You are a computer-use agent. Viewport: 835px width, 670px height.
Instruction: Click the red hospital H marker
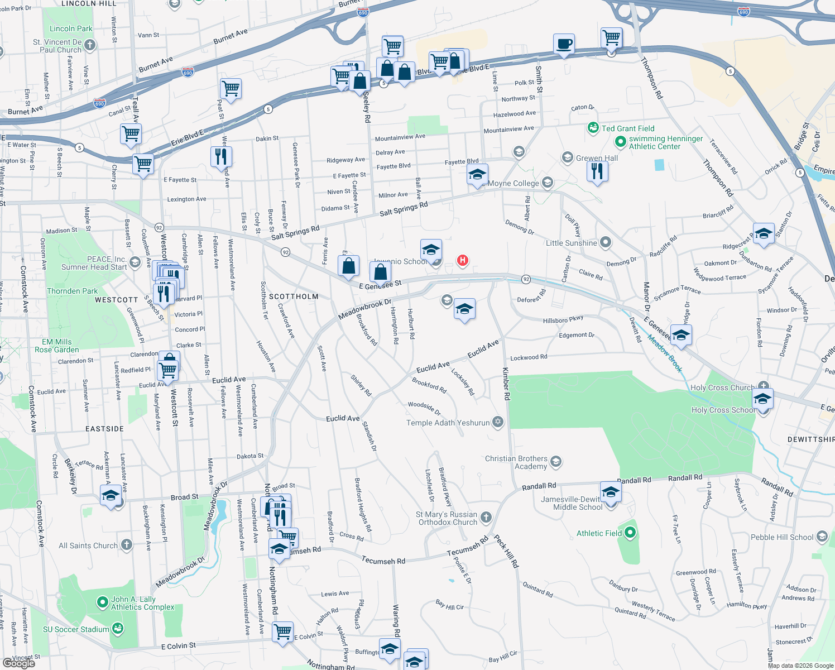pos(462,260)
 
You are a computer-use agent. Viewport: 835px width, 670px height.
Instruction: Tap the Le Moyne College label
pos(514,183)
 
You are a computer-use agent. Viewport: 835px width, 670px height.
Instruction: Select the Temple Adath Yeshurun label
pos(448,423)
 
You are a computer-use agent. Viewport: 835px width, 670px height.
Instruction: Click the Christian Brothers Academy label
pos(516,462)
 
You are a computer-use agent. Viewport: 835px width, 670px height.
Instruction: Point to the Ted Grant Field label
pos(628,128)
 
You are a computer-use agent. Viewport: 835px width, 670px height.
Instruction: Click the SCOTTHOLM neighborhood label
pos(294,296)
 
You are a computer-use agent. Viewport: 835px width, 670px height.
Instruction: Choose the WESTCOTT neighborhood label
pos(116,300)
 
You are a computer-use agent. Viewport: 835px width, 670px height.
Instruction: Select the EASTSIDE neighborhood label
pos(104,429)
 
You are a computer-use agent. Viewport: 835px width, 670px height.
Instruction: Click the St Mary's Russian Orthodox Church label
pos(447,518)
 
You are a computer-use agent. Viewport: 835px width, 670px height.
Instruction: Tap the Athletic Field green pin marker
pos(630,533)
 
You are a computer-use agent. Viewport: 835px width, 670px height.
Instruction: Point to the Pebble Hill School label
pos(782,537)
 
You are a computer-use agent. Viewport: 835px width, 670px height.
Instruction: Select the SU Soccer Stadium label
pos(76,629)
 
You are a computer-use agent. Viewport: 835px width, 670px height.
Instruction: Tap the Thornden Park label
pos(72,291)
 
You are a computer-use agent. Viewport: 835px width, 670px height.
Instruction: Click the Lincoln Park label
pos(71,28)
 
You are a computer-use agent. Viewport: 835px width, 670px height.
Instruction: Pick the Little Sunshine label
pos(572,243)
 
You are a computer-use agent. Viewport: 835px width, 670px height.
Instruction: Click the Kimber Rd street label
pos(506,384)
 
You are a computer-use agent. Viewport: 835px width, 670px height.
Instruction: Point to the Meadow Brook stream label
pos(665,353)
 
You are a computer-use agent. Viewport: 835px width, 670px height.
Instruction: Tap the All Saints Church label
pos(88,545)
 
